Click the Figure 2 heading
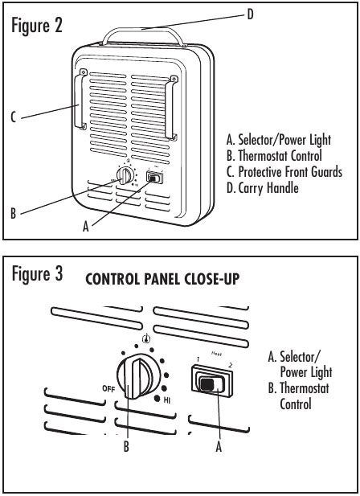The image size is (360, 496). [x=37, y=26]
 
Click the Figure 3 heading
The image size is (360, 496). [x=37, y=273]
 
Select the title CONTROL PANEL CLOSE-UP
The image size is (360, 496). [x=162, y=279]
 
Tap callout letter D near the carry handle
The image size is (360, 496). [x=250, y=14]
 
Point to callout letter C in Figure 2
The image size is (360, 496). [x=14, y=117]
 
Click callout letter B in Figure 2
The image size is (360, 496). [x=14, y=213]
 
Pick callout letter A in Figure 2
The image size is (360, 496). [x=86, y=227]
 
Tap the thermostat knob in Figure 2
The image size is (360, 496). [x=125, y=175]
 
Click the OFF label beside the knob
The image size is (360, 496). [x=108, y=388]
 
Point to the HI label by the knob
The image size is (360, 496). [x=167, y=400]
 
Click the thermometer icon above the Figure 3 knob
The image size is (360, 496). [x=146, y=338]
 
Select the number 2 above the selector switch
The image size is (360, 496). [x=230, y=366]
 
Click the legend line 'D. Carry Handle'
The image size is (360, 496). [x=262, y=188]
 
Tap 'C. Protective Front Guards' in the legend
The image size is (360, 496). [x=284, y=172]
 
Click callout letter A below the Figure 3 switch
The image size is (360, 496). [x=219, y=447]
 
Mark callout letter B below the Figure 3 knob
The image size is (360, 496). [x=126, y=446]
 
